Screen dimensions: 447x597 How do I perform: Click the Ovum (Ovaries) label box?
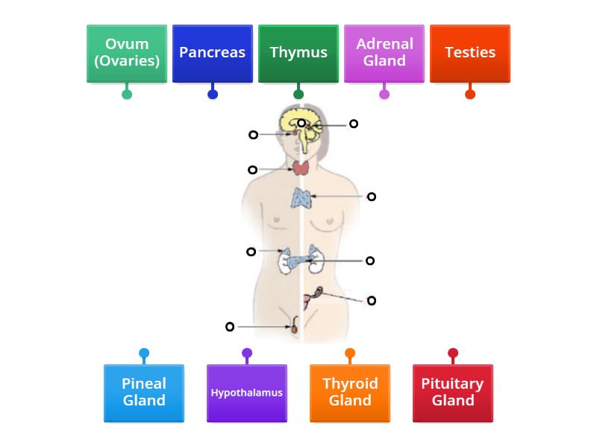(127, 53)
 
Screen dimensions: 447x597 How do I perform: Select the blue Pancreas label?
(213, 53)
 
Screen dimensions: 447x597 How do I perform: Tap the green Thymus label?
(298, 53)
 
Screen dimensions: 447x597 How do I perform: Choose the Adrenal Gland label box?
(384, 53)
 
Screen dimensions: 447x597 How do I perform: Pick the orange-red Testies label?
(470, 53)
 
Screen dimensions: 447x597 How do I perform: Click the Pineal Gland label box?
(144, 393)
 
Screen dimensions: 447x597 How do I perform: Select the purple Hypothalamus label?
(247, 393)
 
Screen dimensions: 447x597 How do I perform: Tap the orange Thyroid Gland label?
(350, 393)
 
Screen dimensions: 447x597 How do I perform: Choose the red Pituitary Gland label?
(453, 393)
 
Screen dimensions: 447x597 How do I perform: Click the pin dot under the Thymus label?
(298, 94)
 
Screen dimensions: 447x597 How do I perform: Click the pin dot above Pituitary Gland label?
(453, 353)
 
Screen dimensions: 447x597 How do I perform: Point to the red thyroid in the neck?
(301, 168)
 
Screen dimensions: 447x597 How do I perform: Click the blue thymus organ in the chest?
(301, 198)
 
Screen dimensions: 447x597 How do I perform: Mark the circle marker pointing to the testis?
(230, 326)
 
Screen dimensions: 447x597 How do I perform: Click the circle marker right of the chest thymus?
(372, 197)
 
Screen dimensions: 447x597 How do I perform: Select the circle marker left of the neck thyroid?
(252, 170)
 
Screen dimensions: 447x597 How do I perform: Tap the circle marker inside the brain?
(301, 123)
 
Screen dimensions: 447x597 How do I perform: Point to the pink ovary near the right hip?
(318, 292)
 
